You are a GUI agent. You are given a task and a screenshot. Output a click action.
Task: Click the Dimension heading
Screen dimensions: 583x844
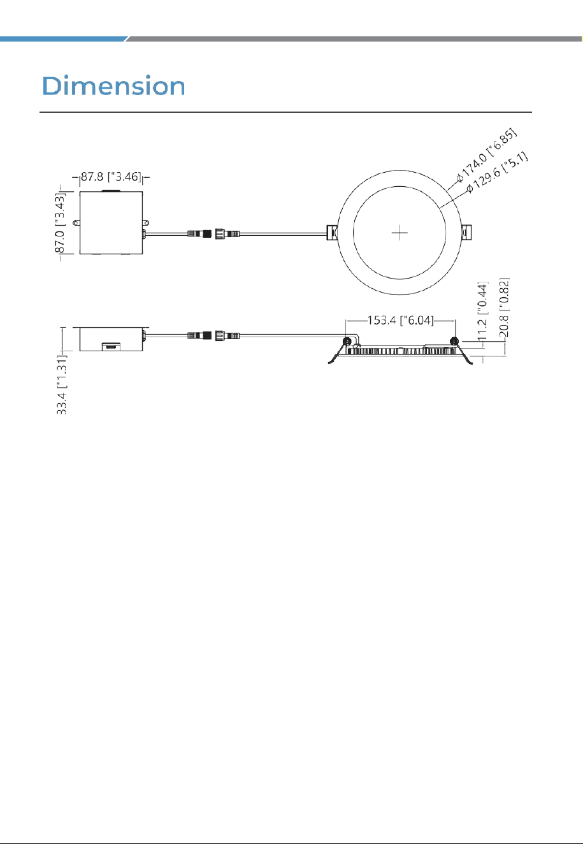pyautogui.click(x=113, y=85)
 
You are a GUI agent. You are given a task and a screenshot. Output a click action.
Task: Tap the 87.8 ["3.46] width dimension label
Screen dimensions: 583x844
pyautogui.click(x=112, y=177)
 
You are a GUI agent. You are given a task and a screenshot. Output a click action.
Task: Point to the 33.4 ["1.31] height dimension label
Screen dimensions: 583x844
pyautogui.click(x=62, y=384)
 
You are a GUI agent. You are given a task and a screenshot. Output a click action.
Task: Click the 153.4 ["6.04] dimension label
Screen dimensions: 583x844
pyautogui.click(x=400, y=321)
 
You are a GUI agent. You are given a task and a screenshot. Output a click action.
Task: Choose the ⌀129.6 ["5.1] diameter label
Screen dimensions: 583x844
pyautogui.click(x=497, y=172)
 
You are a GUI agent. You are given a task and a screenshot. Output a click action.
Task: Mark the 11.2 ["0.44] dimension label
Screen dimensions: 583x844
pyautogui.click(x=483, y=311)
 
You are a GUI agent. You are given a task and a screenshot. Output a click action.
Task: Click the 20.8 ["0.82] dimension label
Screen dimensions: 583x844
pyautogui.click(x=504, y=308)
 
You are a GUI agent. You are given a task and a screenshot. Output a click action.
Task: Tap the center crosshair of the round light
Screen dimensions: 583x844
pyautogui.click(x=399, y=233)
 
